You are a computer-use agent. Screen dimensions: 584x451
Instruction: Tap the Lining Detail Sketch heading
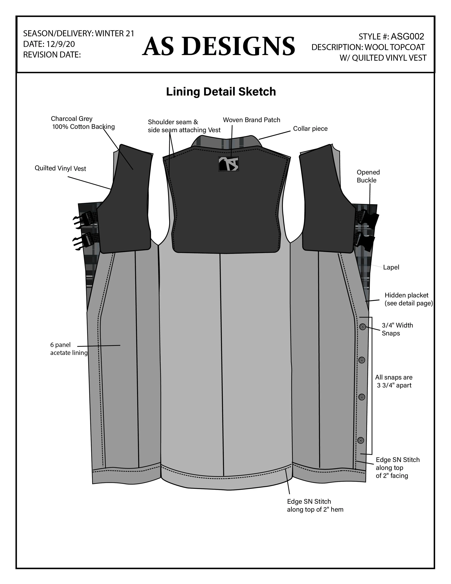[x=221, y=92]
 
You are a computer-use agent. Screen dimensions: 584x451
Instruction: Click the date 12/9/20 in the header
[x=61, y=44]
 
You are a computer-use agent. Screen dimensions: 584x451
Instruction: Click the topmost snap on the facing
[x=363, y=327]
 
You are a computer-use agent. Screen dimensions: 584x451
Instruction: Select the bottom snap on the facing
[x=361, y=440]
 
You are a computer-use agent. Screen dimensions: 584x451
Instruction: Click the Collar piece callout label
[x=310, y=129]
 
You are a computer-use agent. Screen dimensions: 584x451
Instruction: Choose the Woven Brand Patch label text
[x=251, y=120]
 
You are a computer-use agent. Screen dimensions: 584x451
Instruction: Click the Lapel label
[x=391, y=267]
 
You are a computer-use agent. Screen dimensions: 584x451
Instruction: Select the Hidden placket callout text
[x=408, y=299]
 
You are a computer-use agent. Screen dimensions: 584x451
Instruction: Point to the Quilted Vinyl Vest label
[x=60, y=168]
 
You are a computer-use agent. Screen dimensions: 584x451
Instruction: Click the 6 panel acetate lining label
[x=69, y=349]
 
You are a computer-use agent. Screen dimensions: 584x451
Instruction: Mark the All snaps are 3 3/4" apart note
[x=394, y=381]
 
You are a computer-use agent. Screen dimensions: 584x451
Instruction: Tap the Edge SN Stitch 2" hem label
[x=315, y=505]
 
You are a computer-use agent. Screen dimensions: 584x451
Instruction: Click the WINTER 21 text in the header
[x=114, y=33]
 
